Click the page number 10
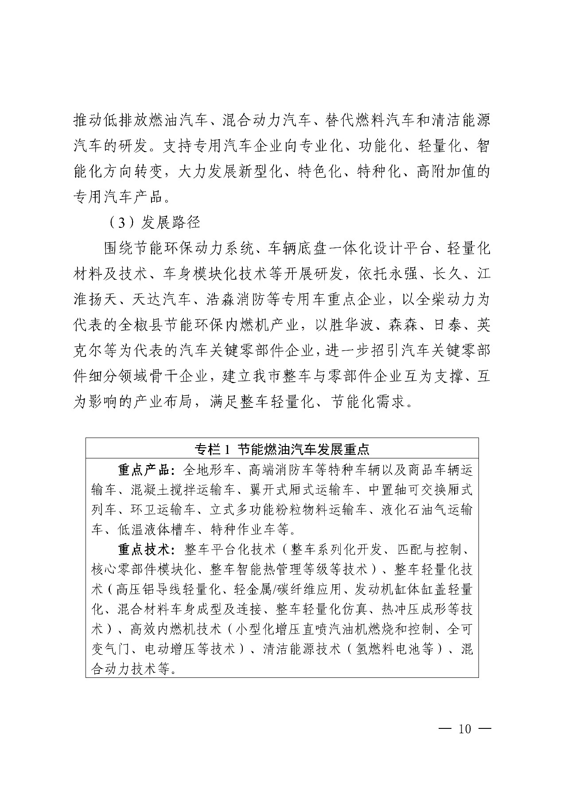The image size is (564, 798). tap(465, 729)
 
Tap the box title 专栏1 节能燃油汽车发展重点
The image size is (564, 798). tap(282, 450)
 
